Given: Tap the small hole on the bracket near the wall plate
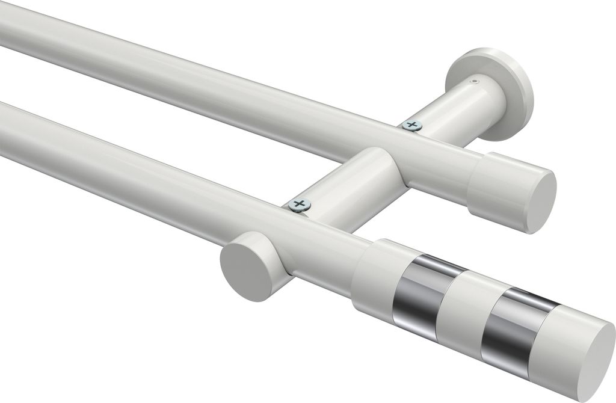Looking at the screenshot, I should pyautogui.click(x=475, y=79).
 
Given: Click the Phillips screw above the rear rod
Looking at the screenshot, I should pyautogui.click(x=411, y=125).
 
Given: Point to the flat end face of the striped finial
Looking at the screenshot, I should pyautogui.click(x=589, y=360).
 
